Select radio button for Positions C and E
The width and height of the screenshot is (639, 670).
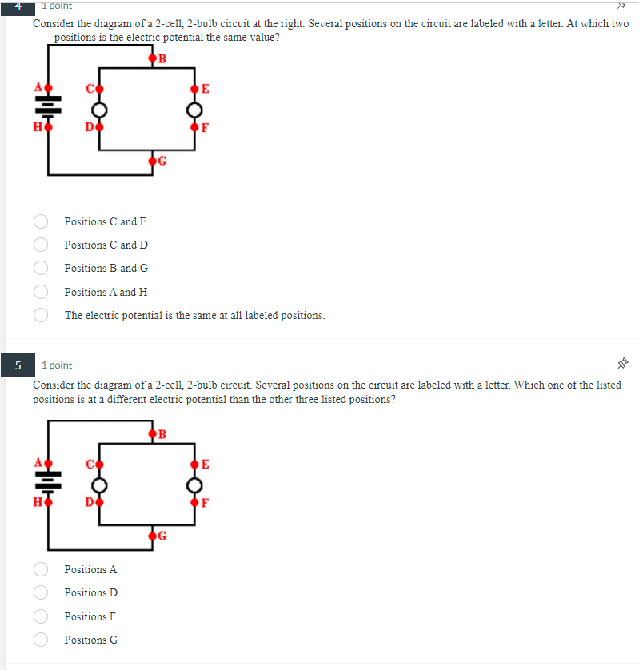41,221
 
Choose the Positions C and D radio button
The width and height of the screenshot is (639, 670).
41,245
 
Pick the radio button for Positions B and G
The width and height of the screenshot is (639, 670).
41,268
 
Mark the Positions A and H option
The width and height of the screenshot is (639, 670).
41,292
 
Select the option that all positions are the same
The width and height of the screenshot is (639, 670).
41,315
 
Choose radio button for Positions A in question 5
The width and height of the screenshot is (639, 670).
41,569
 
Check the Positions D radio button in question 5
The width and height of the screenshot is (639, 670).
41,592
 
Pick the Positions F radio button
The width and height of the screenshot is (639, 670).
41,616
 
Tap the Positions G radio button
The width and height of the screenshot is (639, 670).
41,640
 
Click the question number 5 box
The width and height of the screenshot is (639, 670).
17,365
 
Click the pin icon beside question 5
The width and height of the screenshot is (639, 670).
623,364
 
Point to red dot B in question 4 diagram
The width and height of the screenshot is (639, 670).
152,58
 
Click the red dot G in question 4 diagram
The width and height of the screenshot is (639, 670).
152,162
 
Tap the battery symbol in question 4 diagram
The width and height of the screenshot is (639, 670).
48,106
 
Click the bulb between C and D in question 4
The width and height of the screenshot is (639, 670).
98,109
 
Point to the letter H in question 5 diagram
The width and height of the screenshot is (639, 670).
37,502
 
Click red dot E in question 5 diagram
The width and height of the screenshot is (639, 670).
194,464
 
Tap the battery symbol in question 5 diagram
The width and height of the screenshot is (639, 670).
48,482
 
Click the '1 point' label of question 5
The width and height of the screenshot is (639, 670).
56,365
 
